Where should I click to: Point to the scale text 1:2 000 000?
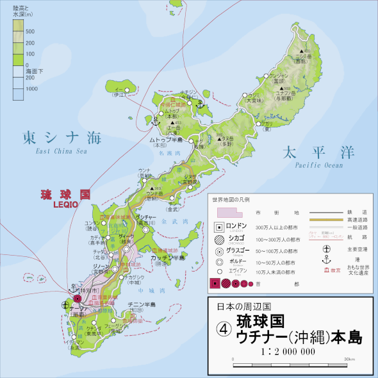tap(290, 351)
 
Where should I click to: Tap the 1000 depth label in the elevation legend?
tap(30, 90)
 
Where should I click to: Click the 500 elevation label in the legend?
tap(30, 30)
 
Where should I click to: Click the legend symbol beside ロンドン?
tap(218, 227)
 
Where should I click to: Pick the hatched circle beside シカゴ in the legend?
tap(218, 239)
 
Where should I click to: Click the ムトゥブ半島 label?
tap(166, 138)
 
